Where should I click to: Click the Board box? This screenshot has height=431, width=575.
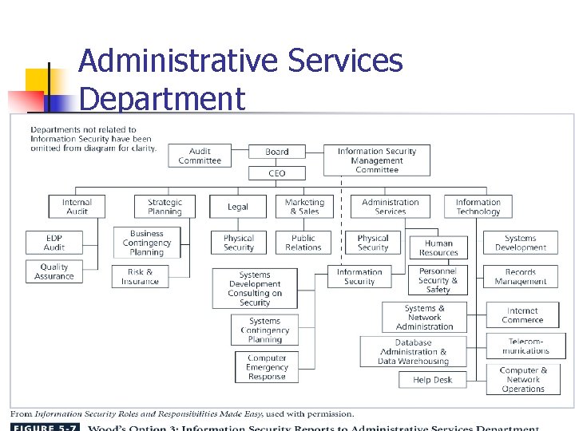pyautogui.click(x=277, y=152)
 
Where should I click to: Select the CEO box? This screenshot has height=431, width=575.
pyautogui.click(x=277, y=173)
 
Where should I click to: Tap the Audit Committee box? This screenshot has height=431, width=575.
pyautogui.click(x=200, y=156)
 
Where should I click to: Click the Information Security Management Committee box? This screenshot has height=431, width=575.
pyautogui.click(x=377, y=160)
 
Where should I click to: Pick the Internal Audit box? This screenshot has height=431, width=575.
pyautogui.click(x=77, y=207)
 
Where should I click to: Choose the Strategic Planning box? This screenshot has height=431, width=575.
pyautogui.click(x=165, y=207)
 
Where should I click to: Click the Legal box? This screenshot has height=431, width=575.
pyautogui.click(x=238, y=207)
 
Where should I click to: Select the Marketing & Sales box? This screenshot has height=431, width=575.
pyautogui.click(x=304, y=207)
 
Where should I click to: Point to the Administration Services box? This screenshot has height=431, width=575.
pyautogui.click(x=390, y=207)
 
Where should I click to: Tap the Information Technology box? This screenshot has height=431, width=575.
pyautogui.click(x=478, y=207)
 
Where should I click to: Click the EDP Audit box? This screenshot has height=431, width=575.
pyautogui.click(x=54, y=243)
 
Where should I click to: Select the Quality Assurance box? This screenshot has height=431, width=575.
pyautogui.click(x=54, y=271)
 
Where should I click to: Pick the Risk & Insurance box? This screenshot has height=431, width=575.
pyautogui.click(x=141, y=276)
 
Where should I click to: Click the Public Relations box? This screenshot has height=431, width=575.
pyautogui.click(x=303, y=243)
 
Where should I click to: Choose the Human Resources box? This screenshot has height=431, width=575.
pyautogui.click(x=438, y=248)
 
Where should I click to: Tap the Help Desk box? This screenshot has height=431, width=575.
pyautogui.click(x=433, y=380)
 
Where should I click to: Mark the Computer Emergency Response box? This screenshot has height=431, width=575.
pyautogui.click(x=267, y=367)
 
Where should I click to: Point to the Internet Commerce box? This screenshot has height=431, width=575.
pyautogui.click(x=522, y=315)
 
